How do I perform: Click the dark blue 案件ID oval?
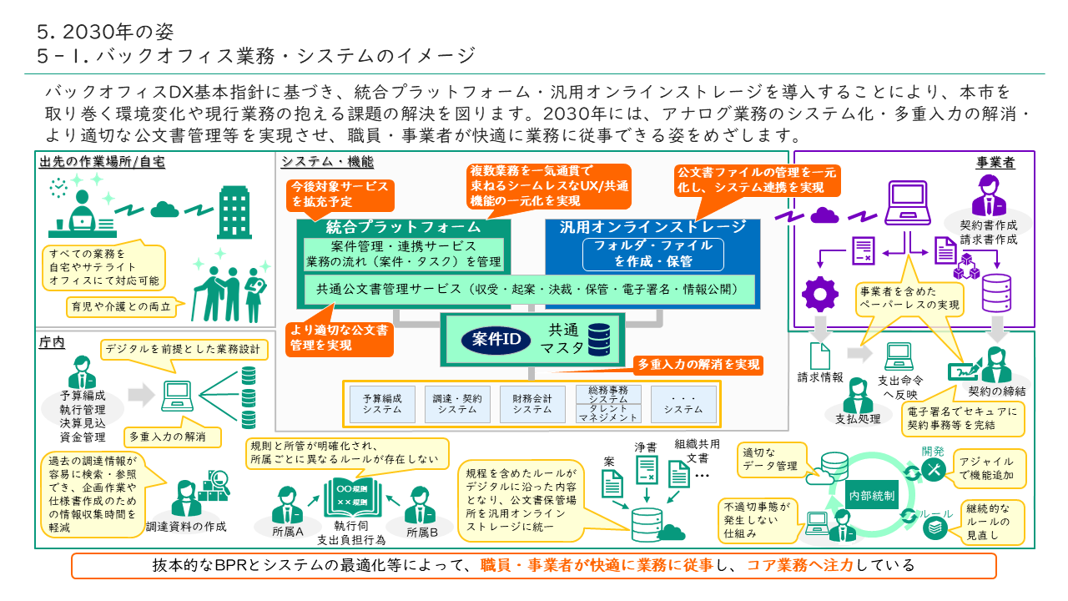[x=496, y=340]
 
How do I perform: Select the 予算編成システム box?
[x=382, y=403]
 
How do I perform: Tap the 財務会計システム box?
[x=532, y=403]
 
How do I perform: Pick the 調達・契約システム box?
[x=457, y=403]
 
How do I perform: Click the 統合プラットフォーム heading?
[x=403, y=227]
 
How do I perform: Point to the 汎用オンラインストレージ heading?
[x=653, y=227]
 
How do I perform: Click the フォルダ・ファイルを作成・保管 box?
[x=652, y=253]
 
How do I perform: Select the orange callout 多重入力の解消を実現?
[x=698, y=365]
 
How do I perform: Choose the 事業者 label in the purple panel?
[x=995, y=163]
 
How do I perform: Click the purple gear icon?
[x=819, y=294]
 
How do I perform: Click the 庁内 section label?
[x=52, y=342]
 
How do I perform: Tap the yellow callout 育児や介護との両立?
[x=123, y=307]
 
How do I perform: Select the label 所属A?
[x=288, y=531]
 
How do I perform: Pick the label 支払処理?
[x=858, y=418]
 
